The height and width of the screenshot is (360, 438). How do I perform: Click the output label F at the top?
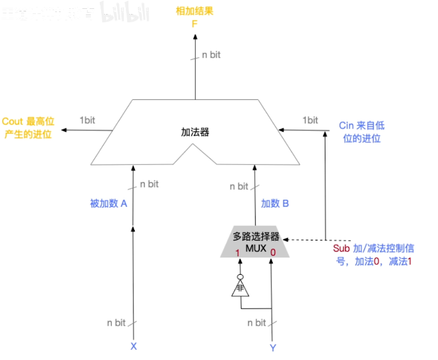[x=196, y=24]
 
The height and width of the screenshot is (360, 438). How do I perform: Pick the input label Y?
[x=273, y=347]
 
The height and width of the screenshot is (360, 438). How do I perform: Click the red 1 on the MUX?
[x=238, y=253]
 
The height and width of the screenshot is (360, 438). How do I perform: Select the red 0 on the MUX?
[x=273, y=253]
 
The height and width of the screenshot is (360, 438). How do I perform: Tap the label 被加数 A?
[x=109, y=204]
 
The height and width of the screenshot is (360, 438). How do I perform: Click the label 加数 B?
[x=275, y=204]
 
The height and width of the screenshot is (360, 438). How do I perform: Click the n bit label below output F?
[x=211, y=55]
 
